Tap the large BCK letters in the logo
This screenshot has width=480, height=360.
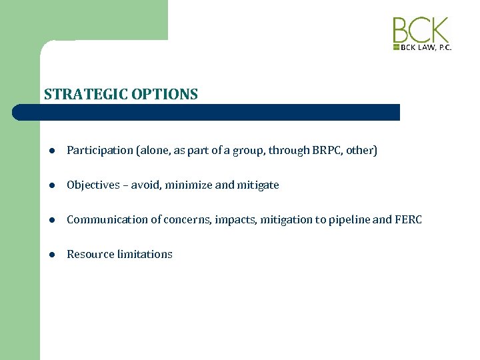tap(421, 31)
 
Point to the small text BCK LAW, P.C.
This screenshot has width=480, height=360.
tap(425, 48)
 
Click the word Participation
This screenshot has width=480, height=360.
tap(100, 151)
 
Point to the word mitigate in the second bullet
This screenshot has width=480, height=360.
tap(258, 185)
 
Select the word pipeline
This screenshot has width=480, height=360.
tap(351, 220)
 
